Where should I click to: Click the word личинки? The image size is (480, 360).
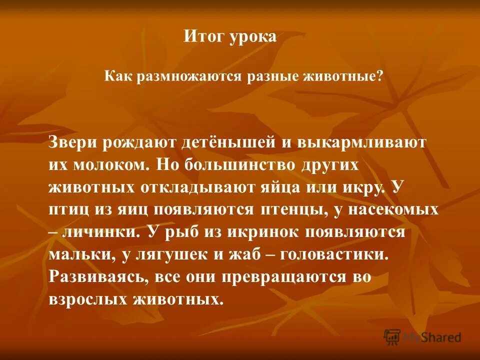[100, 232]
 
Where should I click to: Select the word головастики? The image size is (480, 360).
[333, 255]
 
